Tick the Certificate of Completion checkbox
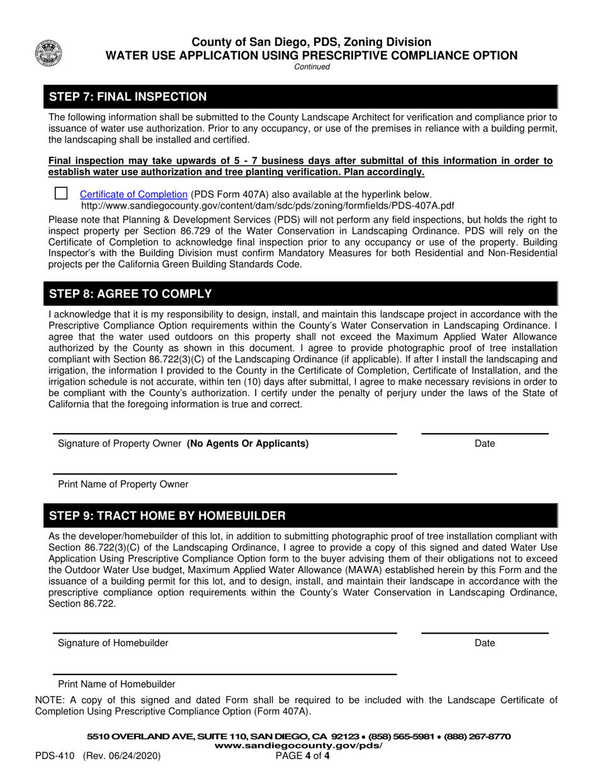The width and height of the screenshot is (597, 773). coord(61,194)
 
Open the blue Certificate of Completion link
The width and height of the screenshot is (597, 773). coord(133,195)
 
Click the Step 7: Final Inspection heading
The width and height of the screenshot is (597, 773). coord(128,97)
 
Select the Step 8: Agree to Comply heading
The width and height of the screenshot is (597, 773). coord(130,294)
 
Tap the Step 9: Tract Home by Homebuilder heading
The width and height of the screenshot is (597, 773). coord(167,516)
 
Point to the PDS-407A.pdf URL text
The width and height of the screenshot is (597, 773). coord(268,206)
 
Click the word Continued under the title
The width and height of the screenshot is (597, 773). coord(312,67)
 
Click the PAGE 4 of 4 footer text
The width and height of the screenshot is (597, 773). coord(303,756)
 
